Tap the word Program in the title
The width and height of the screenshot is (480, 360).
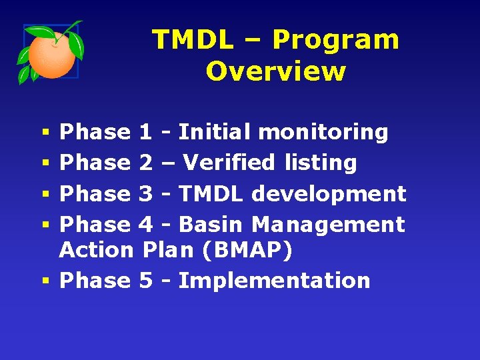tap(336, 40)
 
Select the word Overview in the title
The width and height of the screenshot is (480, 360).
tap(276, 71)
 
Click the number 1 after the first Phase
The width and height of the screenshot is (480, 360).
tap(145, 132)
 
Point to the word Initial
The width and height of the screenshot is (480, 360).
tap(215, 132)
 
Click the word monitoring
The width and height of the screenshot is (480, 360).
tap(323, 133)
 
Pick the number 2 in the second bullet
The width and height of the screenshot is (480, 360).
tap(145, 163)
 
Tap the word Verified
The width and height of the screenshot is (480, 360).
tap(229, 163)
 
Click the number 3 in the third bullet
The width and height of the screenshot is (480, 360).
tap(145, 194)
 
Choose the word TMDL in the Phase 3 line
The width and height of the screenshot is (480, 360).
tap(211, 194)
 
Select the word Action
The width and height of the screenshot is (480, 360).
tap(97, 250)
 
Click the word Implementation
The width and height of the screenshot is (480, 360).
tap(274, 281)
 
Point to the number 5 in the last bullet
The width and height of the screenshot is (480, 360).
tap(145, 281)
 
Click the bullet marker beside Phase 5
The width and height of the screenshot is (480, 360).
tap(44, 281)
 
